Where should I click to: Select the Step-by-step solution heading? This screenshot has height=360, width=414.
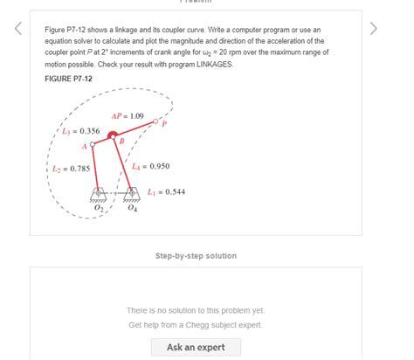pos(195,256)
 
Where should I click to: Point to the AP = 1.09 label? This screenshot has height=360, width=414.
pos(128,116)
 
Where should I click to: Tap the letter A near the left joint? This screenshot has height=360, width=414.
pos(86,146)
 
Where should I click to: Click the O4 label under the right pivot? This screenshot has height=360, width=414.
pos(131,210)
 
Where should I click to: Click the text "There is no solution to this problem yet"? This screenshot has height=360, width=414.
pos(195,310)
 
